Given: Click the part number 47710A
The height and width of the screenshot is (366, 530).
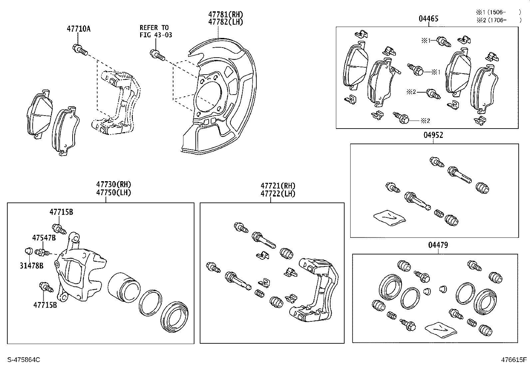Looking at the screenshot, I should [79, 29].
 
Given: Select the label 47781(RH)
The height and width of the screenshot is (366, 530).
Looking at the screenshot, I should [226, 14].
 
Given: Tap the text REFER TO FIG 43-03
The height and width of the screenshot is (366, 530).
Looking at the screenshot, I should [155, 31].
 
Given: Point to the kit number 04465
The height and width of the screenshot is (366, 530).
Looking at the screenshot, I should [428, 19].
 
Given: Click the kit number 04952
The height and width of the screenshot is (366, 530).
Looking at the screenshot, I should [433, 135].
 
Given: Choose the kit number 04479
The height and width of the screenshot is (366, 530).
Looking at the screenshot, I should [438, 245].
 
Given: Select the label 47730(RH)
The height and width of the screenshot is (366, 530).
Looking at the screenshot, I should [114, 184].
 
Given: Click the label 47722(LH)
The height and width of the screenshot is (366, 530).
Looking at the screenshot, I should [278, 193].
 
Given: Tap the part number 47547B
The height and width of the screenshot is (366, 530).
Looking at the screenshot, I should [44, 238].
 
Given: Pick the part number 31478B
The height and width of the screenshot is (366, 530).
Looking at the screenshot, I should [31, 265].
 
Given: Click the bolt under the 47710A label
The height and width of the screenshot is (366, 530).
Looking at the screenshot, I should [80, 50].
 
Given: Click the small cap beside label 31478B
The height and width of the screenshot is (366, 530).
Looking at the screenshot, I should [29, 250].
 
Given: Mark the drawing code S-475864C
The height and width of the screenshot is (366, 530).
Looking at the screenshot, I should [24, 360].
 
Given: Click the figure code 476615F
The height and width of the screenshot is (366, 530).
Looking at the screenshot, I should [514, 360].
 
